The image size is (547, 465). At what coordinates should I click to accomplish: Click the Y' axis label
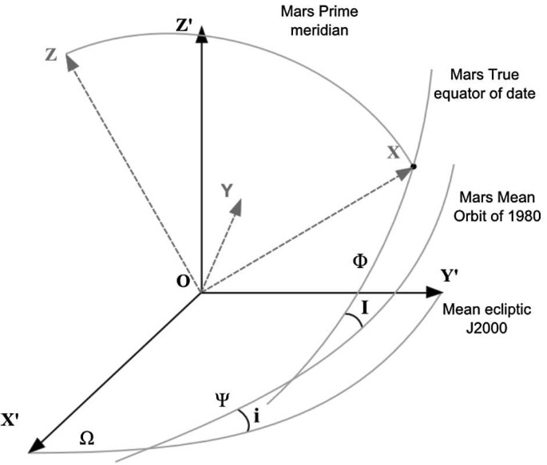452,276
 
